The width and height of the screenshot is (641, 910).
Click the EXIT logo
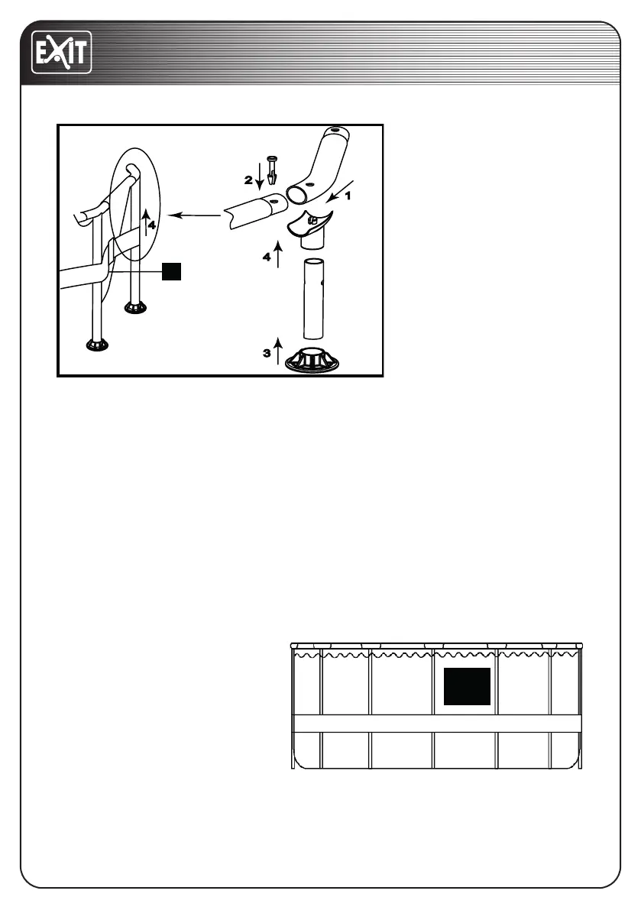tap(61, 51)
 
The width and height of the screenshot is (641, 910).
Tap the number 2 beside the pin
tap(248, 180)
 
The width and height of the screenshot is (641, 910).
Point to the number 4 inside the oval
tap(152, 225)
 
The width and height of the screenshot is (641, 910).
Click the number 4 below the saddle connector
tap(267, 257)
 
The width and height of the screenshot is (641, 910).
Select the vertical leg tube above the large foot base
tap(316, 299)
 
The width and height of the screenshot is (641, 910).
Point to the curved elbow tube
tap(320, 164)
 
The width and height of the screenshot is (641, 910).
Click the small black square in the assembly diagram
tap(173, 270)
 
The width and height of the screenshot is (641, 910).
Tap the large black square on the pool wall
tap(467, 686)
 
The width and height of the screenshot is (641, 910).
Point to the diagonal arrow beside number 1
tap(336, 191)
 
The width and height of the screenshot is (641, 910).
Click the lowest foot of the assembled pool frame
tap(99, 345)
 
